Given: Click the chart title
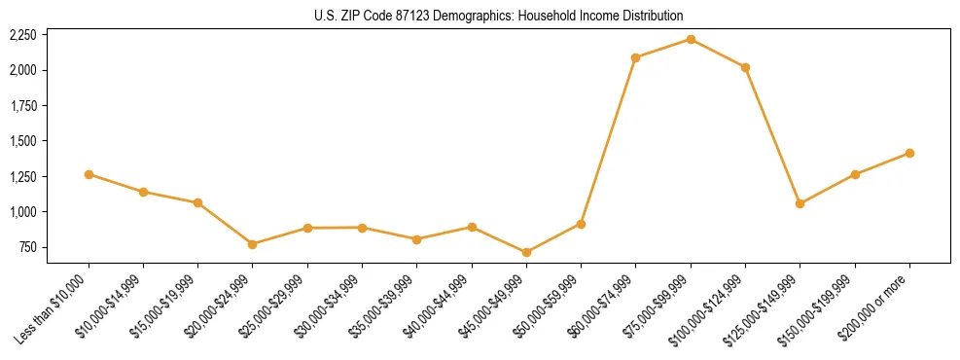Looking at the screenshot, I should (499, 16).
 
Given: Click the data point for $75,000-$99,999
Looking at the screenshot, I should (691, 39).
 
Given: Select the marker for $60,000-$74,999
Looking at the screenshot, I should (636, 57).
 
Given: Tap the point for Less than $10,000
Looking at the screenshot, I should (89, 174).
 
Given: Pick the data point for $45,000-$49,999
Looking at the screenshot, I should (526, 252).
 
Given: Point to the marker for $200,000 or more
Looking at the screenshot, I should (909, 153).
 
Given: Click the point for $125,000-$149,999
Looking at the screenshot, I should (800, 203).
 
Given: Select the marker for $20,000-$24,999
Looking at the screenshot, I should (253, 244).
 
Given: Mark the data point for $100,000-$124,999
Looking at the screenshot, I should (745, 67).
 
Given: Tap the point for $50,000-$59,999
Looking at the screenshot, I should (581, 224).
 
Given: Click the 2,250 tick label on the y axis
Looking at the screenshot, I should (22, 35).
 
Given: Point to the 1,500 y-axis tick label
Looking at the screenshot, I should (22, 141).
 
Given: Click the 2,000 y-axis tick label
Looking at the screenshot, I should (22, 70).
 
